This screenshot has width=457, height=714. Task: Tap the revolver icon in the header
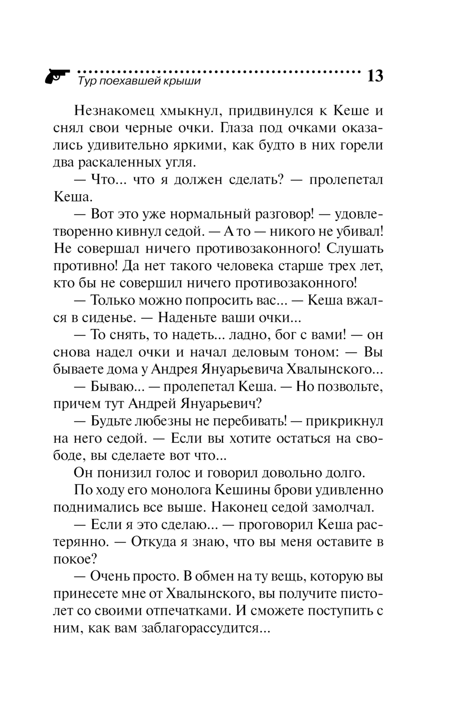pyautogui.click(x=57, y=75)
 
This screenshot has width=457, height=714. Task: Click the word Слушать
pyautogui.click(x=355, y=249)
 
